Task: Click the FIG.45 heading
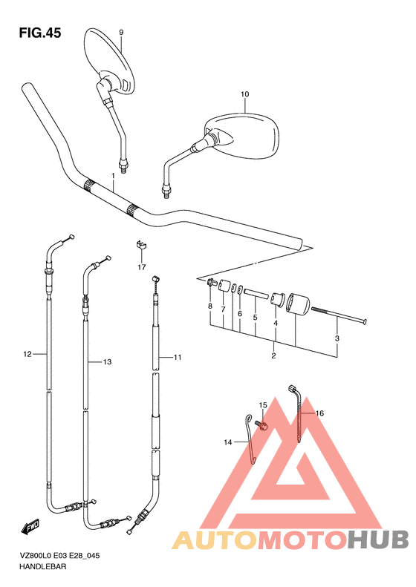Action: pyautogui.click(x=40, y=33)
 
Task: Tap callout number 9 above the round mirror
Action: pyautogui.click(x=121, y=33)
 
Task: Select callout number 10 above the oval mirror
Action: pyautogui.click(x=244, y=94)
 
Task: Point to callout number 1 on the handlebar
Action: pyautogui.click(x=113, y=176)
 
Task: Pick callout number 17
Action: pyautogui.click(x=142, y=267)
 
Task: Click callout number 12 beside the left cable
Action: pyautogui.click(x=27, y=354)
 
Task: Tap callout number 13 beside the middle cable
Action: pyautogui.click(x=107, y=362)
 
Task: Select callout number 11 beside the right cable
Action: pyautogui.click(x=178, y=358)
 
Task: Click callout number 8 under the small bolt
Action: pyautogui.click(x=210, y=306)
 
